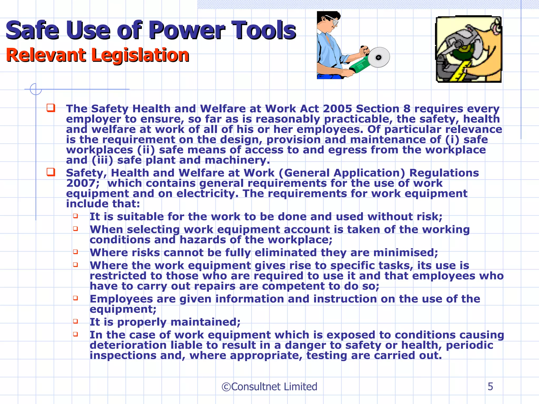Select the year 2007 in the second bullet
81,183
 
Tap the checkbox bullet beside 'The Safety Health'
51,108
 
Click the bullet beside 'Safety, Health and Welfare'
51,172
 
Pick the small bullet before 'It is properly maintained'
76,321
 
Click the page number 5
490,387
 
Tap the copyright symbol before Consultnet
226,387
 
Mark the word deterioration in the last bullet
128,345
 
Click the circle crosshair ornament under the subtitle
36,89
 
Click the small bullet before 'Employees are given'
76,298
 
